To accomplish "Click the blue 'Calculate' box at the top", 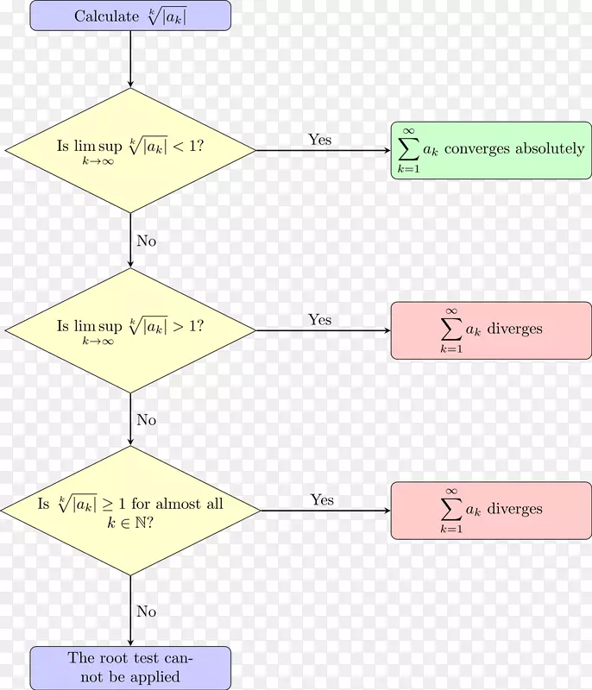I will point(130,16).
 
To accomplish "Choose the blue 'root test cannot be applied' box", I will point(130,668).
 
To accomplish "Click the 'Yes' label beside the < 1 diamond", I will point(319,140).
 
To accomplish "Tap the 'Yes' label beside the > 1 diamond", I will point(319,320).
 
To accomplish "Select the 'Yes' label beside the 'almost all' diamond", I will point(322,500).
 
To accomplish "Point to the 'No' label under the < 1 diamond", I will point(147,241).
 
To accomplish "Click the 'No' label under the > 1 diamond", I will point(147,420).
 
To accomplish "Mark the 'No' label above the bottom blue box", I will point(147,612).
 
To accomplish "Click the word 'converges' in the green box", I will point(478,148).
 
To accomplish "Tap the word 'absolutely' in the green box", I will point(550,148).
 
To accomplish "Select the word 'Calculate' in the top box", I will point(105,16).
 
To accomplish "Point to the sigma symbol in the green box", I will point(407,149).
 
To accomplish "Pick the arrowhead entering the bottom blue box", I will point(130,642).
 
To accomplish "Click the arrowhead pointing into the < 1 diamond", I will point(130,84).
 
